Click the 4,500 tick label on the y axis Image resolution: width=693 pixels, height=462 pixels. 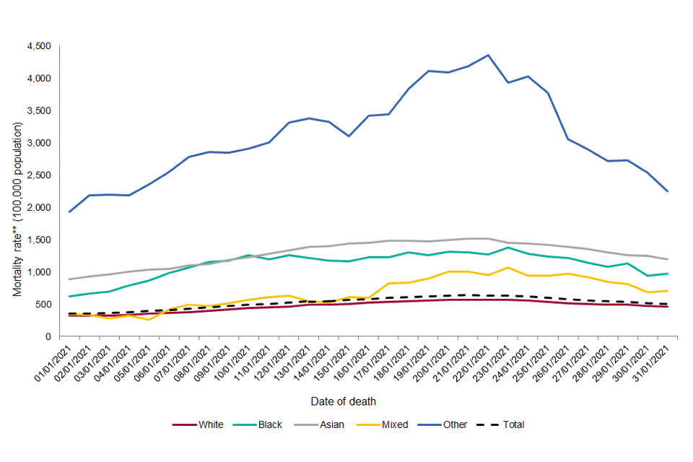click(38, 46)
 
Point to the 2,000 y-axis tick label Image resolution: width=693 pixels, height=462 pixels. click(38, 207)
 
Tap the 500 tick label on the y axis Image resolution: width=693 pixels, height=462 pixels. click(43, 305)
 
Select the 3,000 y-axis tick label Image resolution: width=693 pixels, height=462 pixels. click(38, 143)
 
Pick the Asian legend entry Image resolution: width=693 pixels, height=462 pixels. click(330, 424)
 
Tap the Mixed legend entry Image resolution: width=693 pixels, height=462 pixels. click(393, 424)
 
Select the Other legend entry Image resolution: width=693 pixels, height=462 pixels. click(456, 424)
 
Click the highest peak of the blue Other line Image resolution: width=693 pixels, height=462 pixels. click(488, 55)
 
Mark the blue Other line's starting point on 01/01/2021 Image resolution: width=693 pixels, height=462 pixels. click(69, 212)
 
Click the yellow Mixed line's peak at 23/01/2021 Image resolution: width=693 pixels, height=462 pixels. click(508, 267)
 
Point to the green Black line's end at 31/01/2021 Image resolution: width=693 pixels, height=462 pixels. click(668, 274)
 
